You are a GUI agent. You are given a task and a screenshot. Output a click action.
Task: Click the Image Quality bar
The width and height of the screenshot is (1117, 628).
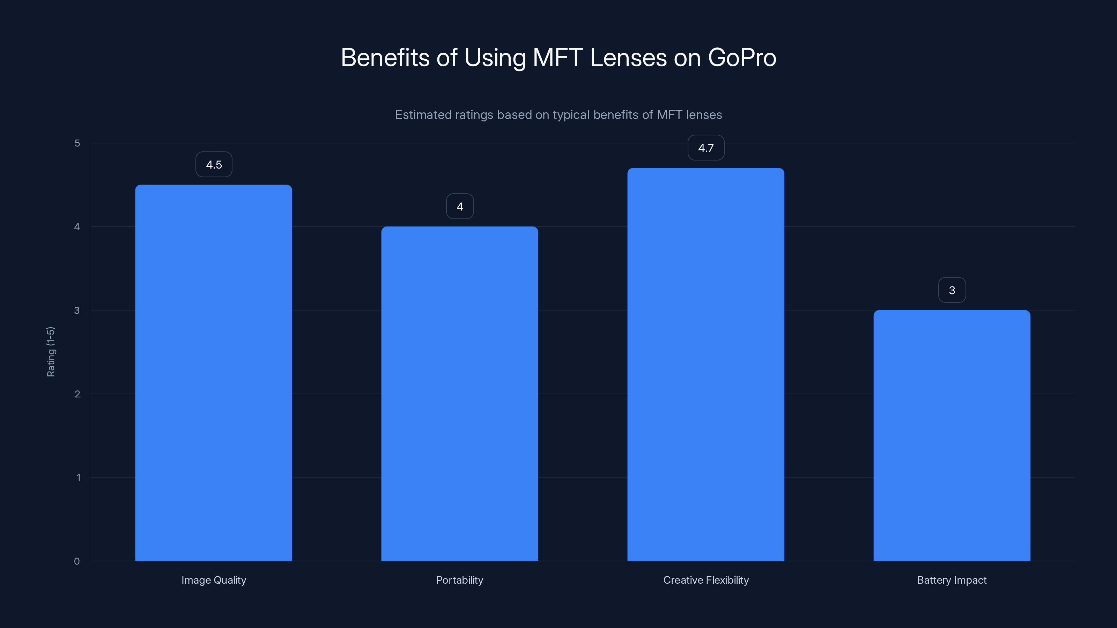pos(213,373)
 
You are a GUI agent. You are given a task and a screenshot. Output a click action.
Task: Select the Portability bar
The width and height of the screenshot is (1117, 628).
pos(460,394)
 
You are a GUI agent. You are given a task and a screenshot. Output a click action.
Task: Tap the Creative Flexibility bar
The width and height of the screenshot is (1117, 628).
pos(705,364)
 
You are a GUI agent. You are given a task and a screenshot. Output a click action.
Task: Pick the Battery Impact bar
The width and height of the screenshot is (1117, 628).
pos(952,435)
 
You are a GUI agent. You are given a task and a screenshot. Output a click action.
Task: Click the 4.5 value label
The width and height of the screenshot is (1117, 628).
pos(214,165)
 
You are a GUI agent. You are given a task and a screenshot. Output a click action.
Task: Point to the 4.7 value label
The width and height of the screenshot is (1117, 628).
pos(706,148)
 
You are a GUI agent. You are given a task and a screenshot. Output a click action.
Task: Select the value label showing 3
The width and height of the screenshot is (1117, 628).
pos(952,290)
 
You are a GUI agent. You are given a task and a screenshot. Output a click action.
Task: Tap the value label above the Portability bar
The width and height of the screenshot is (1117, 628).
pos(460,206)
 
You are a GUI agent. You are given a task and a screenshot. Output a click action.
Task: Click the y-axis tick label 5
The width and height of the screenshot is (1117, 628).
pos(77,143)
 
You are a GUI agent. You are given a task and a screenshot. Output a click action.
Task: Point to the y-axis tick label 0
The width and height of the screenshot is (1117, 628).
pos(77,561)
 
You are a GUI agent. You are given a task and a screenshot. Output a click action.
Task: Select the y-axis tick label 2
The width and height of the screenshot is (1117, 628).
pos(77,394)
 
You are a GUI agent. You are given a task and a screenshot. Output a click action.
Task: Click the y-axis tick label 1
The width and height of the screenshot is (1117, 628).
pos(78,478)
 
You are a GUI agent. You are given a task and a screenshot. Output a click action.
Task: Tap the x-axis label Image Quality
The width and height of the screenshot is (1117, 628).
pos(214,580)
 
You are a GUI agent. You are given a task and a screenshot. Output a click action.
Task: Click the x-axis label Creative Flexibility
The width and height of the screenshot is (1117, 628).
pos(706,580)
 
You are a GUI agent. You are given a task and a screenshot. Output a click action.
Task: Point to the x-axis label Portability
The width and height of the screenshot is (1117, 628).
pos(460,580)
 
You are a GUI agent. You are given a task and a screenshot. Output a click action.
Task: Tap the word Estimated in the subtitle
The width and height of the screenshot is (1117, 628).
pos(423,115)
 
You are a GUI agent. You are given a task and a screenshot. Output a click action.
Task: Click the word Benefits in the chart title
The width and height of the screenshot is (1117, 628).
pos(385,58)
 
